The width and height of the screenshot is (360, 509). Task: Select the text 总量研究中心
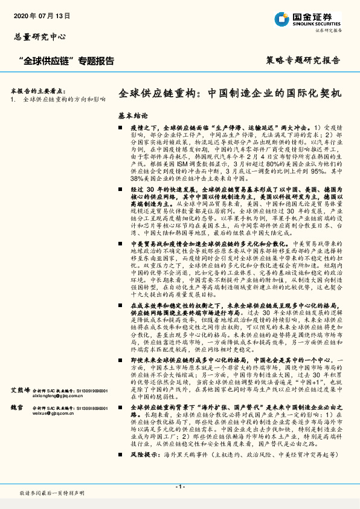pyautogui.click(x=40, y=37)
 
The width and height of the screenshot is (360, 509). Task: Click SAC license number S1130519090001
pyautogui.click(x=91, y=391)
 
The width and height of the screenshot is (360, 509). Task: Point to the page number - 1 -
pyautogui.click(x=180, y=487)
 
